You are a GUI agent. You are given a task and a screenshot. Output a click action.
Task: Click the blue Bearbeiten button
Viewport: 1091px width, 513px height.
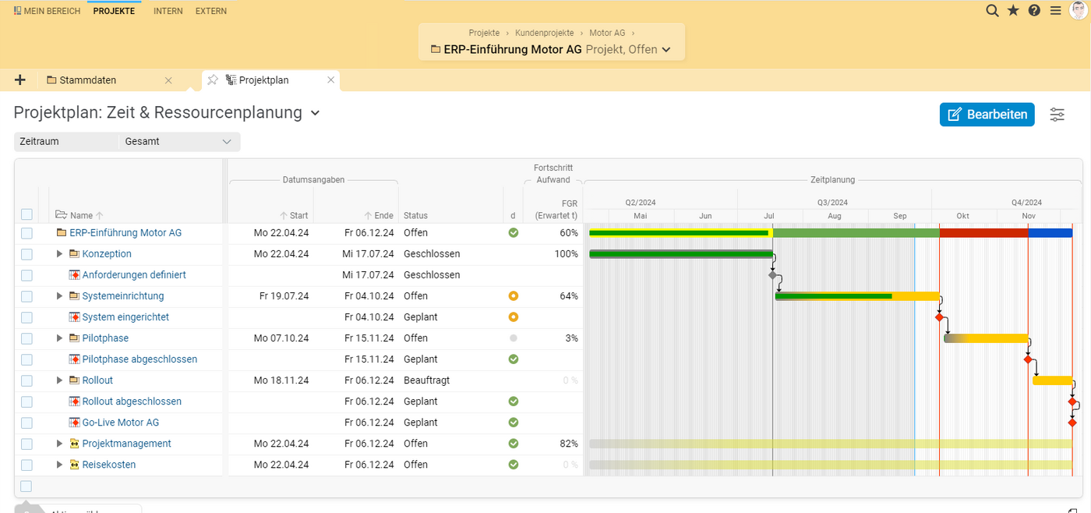(987, 115)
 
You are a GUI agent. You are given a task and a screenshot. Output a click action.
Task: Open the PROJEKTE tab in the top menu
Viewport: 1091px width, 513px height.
(114, 11)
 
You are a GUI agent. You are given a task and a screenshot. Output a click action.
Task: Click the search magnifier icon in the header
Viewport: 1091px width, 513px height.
(992, 10)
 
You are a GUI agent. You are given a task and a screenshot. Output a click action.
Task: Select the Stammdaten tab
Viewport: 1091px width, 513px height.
(87, 80)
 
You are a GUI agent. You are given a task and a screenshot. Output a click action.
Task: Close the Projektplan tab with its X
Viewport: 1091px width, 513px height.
(331, 80)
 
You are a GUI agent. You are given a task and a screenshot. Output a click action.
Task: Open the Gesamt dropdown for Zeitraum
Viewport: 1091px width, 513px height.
(178, 142)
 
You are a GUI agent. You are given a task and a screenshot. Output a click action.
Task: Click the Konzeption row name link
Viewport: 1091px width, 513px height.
(107, 254)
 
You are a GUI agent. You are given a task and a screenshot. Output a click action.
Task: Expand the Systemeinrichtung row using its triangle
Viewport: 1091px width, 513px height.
(59, 296)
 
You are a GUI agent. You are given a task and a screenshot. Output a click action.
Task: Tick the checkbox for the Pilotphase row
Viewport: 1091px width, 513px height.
(27, 338)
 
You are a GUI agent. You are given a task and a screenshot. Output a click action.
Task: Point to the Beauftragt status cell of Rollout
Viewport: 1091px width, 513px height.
(426, 380)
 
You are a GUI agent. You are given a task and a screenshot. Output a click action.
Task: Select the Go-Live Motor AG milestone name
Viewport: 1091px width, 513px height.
(120, 423)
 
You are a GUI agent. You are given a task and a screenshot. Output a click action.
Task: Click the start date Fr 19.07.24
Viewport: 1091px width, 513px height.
(284, 296)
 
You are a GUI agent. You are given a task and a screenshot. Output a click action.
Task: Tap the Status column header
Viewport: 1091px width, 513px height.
(415, 216)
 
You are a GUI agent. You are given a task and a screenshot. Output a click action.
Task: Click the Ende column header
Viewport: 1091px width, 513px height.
(383, 216)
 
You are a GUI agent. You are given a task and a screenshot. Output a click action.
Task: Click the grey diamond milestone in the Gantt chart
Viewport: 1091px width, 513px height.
(772, 275)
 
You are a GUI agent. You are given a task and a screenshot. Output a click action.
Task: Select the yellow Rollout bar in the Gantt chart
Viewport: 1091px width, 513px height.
(1052, 380)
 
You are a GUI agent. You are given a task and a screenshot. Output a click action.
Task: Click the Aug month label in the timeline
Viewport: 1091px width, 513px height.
(835, 216)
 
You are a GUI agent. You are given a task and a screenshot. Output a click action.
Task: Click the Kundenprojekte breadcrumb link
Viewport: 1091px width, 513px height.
(544, 33)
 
